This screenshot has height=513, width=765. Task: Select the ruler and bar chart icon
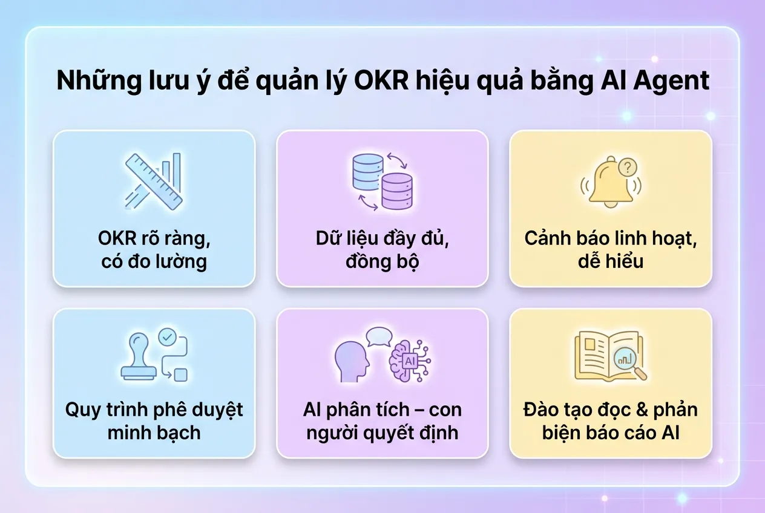(154, 181)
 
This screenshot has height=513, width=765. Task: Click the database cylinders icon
(382, 181)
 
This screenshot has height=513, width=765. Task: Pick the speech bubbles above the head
(379, 336)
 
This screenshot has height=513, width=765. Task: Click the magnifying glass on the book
(626, 361)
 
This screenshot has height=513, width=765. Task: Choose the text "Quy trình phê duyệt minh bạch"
(154, 421)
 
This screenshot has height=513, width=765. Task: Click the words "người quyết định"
(382, 433)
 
